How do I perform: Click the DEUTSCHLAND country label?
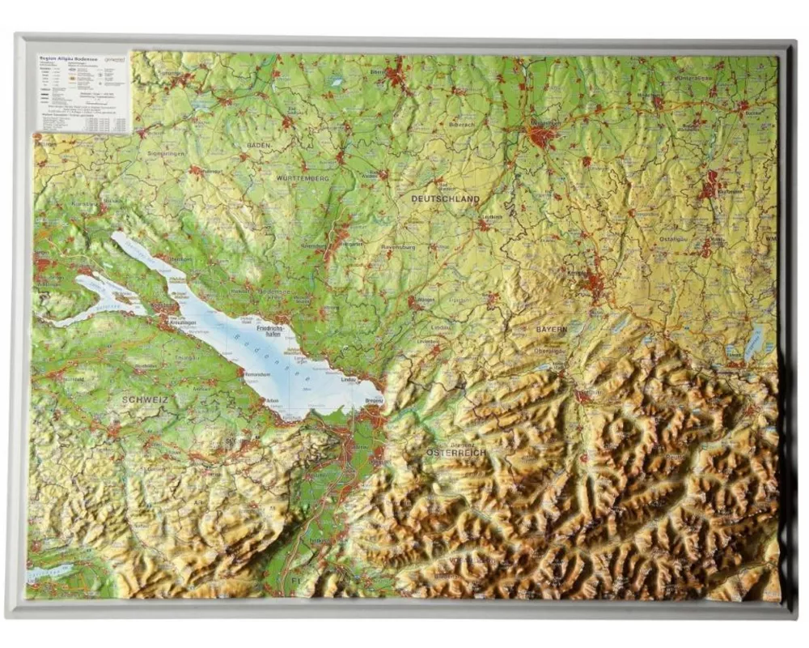(x=445, y=198)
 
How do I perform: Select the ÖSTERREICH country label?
(x=456, y=452)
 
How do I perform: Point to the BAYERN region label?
(x=551, y=330)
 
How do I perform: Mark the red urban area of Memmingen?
(x=542, y=135)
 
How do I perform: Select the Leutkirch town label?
(x=490, y=217)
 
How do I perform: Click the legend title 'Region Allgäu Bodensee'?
(x=65, y=59)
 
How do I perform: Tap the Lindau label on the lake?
(x=349, y=379)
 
